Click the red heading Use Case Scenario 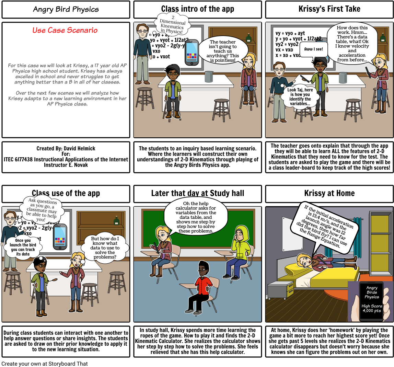coord(65,30)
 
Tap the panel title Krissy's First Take coord(329,9)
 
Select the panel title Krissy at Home coord(329,193)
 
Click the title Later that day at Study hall coord(197,193)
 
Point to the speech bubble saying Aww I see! coord(313,49)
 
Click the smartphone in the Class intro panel coord(192,52)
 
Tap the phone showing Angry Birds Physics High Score coord(372,301)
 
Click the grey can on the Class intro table coord(209,77)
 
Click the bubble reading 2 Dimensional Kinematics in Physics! coord(173,24)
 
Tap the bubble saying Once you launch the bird coord(23,246)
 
